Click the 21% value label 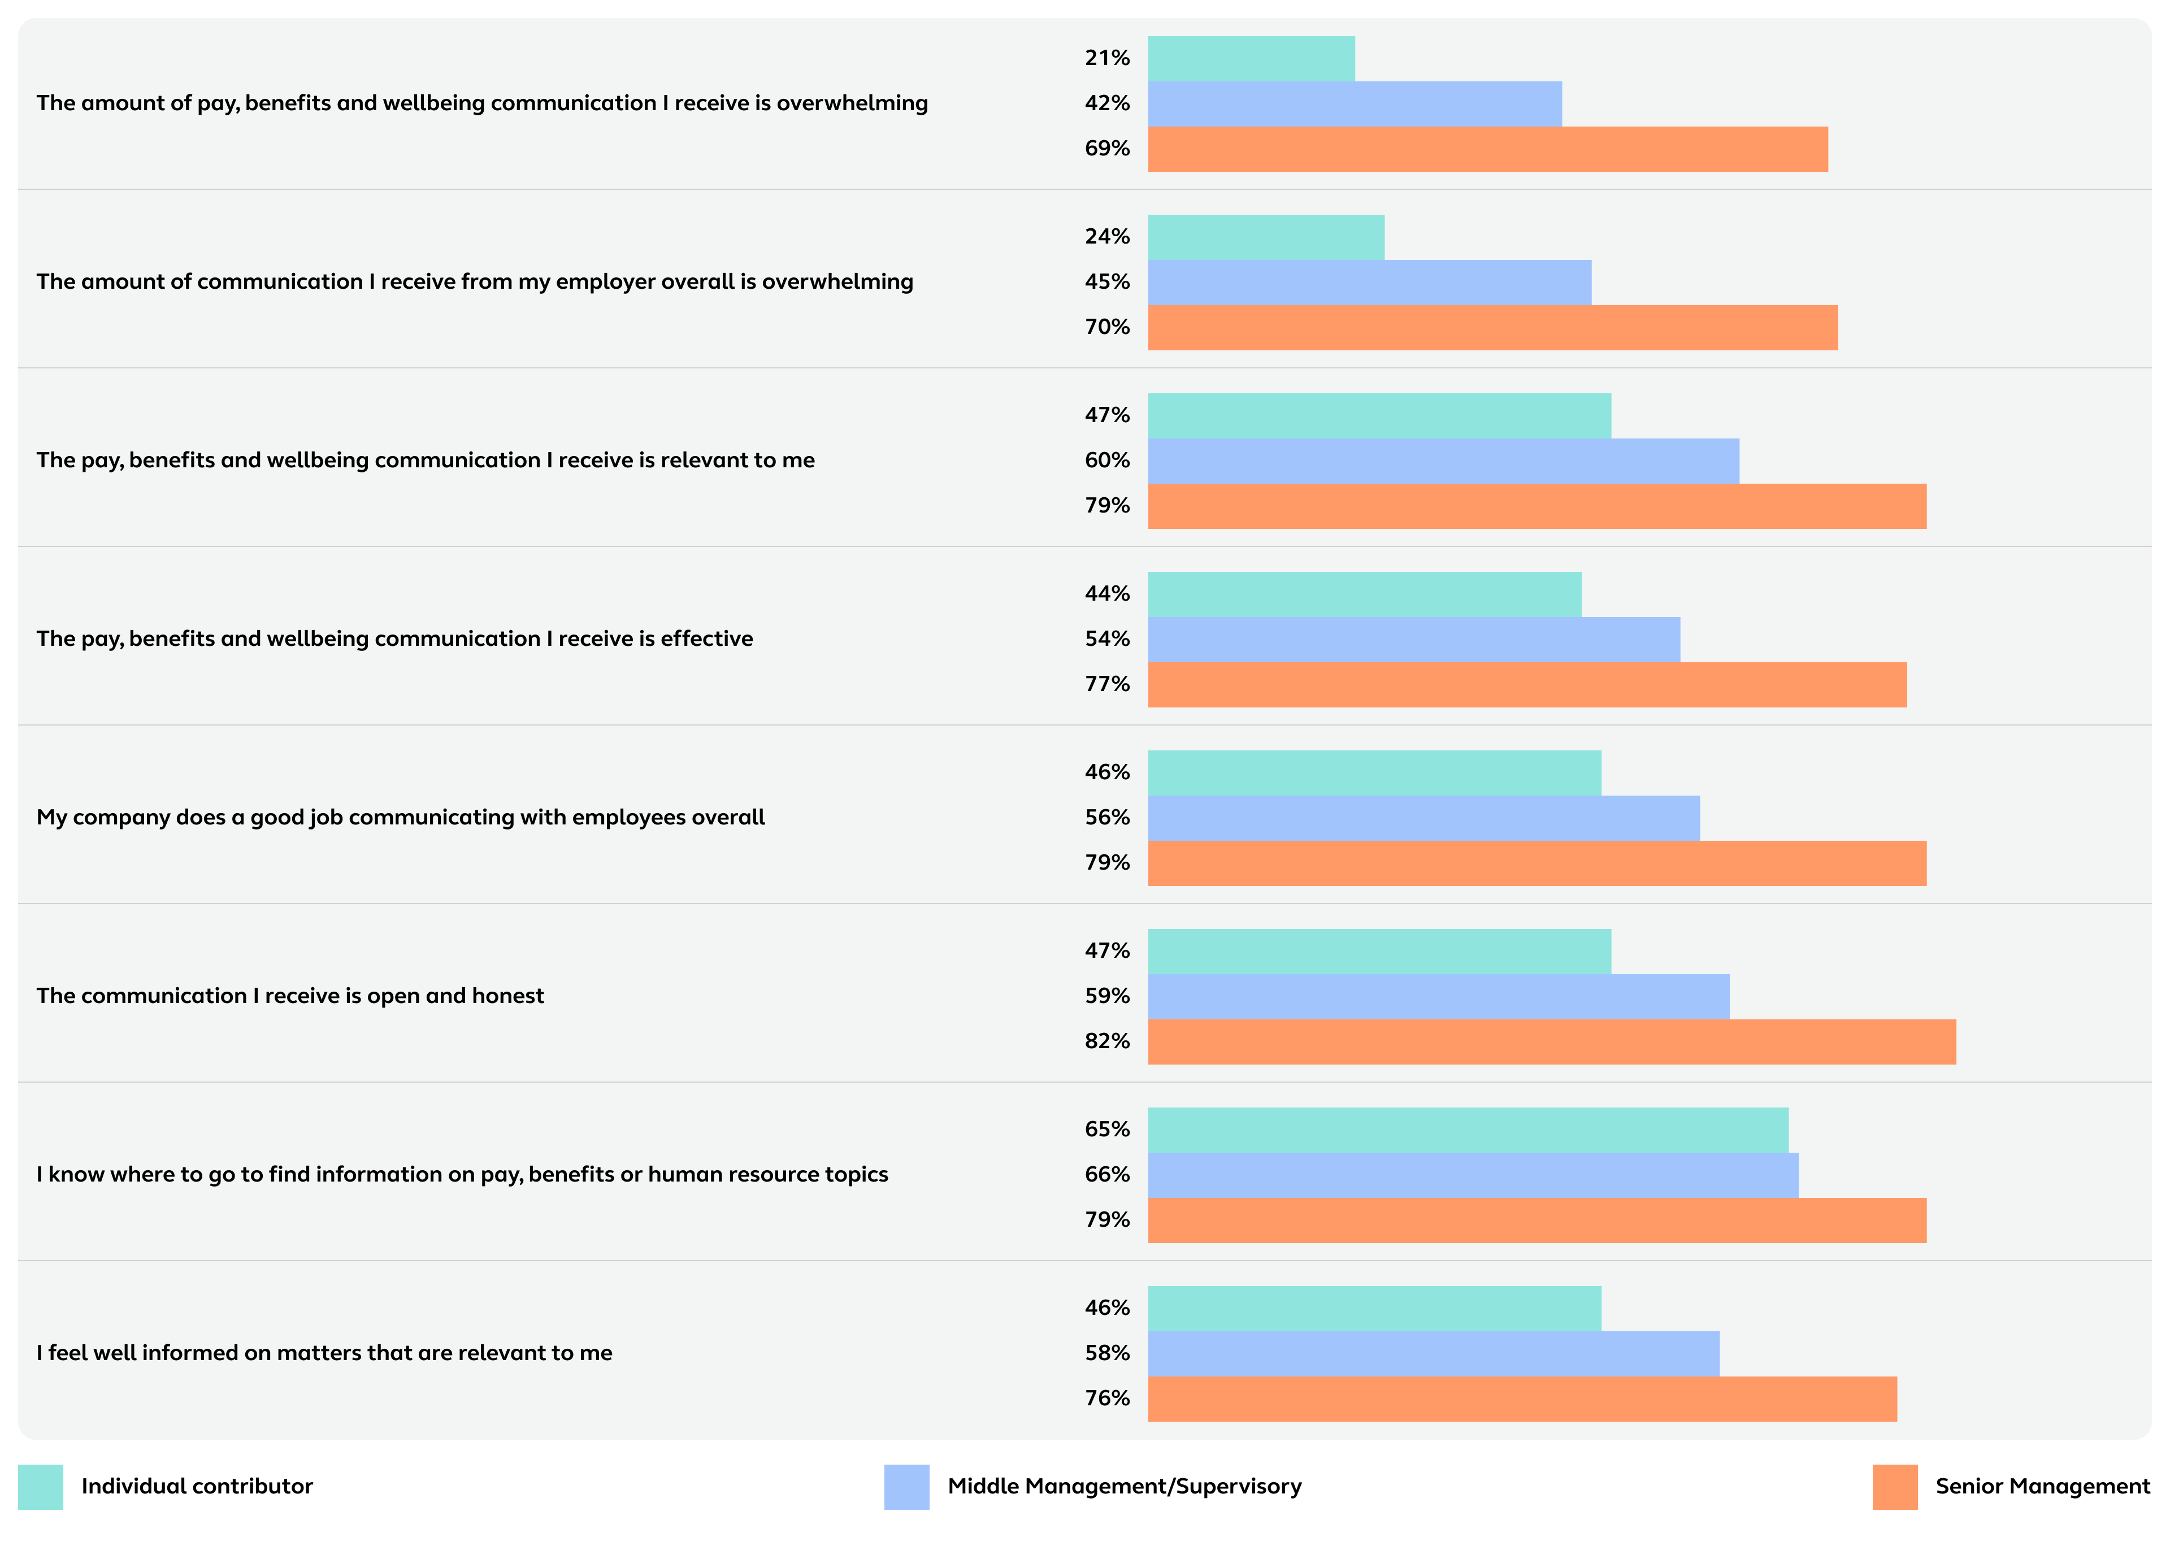coord(1107,58)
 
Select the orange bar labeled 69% coord(1487,150)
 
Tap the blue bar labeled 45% coord(1369,283)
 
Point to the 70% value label coord(1107,328)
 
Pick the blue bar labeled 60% coord(1443,461)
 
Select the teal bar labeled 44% coord(1364,594)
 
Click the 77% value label coord(1107,684)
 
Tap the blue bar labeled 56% coord(1423,818)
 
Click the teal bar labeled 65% coord(1468,1130)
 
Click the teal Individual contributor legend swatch coord(40,1487)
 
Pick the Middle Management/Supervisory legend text coord(1124,1487)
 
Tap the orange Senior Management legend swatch coord(1894,1487)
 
